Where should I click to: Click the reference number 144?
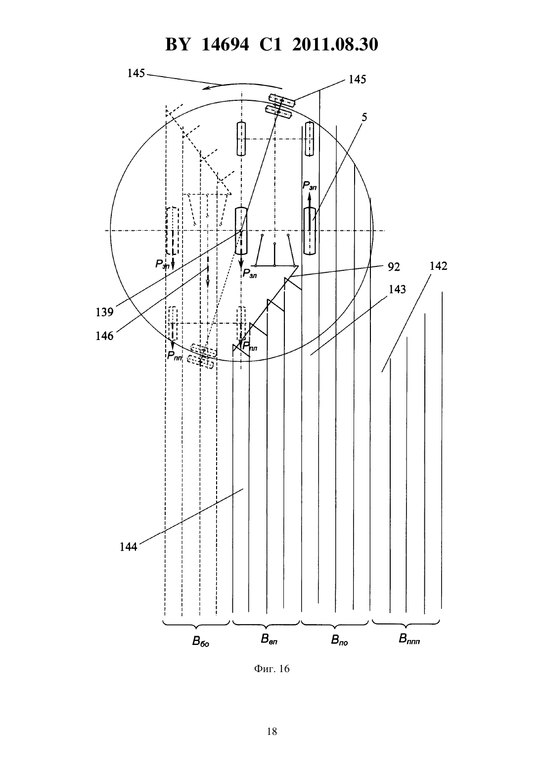point(129,547)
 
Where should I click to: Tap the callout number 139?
point(104,312)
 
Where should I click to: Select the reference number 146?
point(104,336)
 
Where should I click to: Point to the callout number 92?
point(394,267)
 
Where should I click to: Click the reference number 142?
point(438,266)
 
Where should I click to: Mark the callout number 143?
point(397,290)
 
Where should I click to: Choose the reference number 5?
point(364,118)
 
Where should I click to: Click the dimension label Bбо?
point(201,641)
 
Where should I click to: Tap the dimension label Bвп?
point(269,639)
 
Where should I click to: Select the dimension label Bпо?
point(339,641)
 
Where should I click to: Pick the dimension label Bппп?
point(409,639)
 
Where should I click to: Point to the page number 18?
point(272,731)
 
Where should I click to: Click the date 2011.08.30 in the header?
point(335,44)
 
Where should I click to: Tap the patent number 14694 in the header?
point(225,44)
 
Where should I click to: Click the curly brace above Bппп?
point(406,622)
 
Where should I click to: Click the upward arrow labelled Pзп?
point(309,211)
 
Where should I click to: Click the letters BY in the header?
point(178,44)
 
